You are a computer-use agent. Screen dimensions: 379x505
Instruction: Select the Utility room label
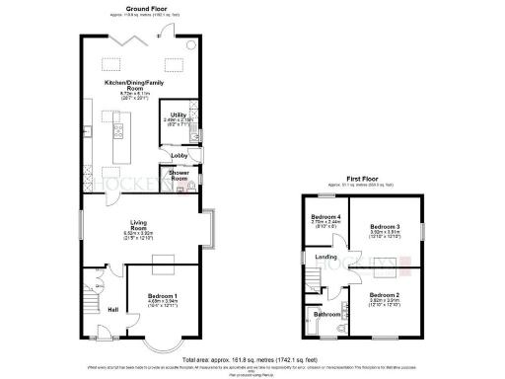coord(179,114)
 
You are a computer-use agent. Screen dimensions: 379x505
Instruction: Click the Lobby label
coord(180,155)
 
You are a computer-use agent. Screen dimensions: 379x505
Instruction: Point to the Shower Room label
coord(180,176)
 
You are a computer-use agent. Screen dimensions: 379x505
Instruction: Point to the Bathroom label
coord(327,315)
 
